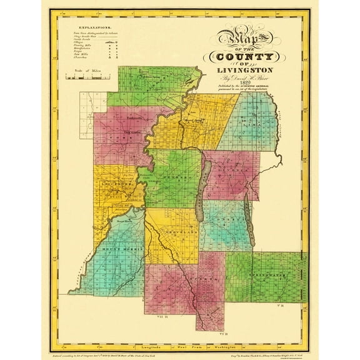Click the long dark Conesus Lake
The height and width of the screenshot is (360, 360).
coord(202,191)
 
